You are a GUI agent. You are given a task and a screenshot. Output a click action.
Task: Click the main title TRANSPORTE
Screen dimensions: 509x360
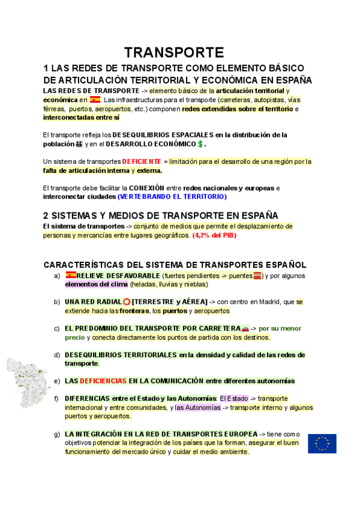(x=174, y=53)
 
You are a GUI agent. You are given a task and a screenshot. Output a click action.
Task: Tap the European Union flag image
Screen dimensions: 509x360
(x=322, y=443)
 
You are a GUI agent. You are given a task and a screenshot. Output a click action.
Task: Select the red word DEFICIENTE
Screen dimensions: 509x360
(x=142, y=161)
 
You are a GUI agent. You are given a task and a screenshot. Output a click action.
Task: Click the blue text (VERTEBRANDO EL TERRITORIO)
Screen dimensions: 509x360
(x=172, y=196)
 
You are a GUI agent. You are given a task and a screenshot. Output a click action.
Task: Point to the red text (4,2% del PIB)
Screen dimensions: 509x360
(x=215, y=235)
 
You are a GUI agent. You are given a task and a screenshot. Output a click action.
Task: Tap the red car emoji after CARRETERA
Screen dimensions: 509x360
(x=244, y=328)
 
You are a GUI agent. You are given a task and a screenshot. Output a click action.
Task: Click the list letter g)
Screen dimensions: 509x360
(x=57, y=433)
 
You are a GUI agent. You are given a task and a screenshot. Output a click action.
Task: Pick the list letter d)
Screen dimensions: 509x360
(x=57, y=355)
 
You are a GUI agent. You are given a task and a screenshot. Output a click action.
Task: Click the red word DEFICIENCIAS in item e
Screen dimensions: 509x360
(x=103, y=381)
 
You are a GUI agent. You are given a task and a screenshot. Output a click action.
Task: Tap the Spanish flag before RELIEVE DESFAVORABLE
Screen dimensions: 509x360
(x=71, y=276)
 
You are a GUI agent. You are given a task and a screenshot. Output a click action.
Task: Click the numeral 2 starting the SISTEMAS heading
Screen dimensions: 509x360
(x=46, y=215)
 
